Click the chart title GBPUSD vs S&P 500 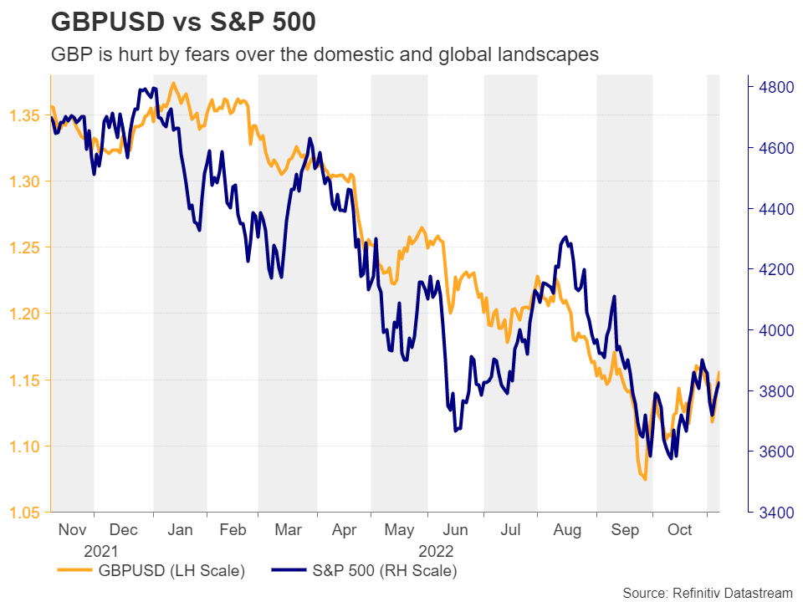[183, 22]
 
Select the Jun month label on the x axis [455, 530]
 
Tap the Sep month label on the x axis [626, 530]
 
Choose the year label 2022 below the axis [436, 551]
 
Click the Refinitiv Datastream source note [707, 592]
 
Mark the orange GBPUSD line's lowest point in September [645, 479]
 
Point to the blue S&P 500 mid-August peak [567, 237]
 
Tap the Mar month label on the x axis [287, 530]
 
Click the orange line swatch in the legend [74, 572]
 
